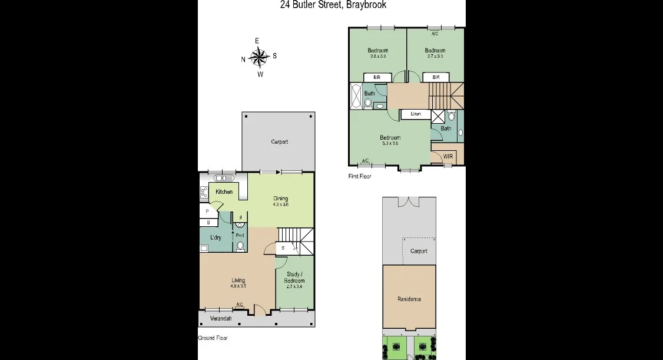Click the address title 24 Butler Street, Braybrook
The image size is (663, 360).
point(333,5)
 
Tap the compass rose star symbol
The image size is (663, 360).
point(259,57)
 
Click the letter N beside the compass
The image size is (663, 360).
point(243,60)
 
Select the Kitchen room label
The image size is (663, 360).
point(224,192)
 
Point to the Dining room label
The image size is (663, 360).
point(281,198)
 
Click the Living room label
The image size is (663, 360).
point(238,280)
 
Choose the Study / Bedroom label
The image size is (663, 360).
point(294,277)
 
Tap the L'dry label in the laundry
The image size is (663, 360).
point(216,237)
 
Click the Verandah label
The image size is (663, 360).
point(221,319)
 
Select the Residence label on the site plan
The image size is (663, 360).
point(409,299)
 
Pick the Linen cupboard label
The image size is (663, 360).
point(416,114)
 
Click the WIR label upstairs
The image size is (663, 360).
point(447,157)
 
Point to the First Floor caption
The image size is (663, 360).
point(360,176)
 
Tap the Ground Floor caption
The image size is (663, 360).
point(213,338)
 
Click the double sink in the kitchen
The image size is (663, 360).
point(224,178)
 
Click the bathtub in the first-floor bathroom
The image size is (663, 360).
point(357,96)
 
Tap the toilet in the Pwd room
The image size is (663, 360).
point(240,246)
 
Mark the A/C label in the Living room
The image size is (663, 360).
point(240,305)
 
